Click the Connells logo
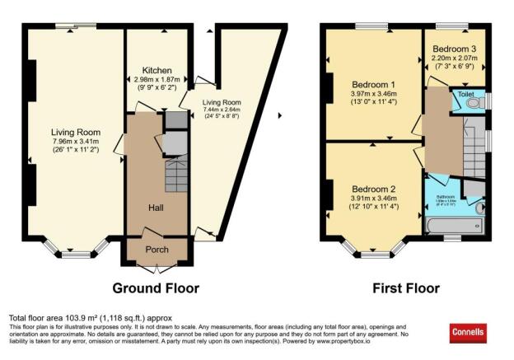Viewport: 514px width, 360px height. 468,333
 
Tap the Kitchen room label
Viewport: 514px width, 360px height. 156,70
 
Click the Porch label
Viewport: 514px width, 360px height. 157,250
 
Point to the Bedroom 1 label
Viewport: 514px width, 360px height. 373,85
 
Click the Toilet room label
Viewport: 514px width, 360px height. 460,94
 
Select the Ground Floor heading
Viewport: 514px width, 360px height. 157,288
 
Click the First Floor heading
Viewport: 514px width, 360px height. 406,288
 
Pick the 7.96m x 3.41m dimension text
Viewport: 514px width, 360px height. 75,141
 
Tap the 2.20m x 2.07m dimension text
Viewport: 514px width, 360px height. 455,58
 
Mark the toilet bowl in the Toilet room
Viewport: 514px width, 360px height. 481,102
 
